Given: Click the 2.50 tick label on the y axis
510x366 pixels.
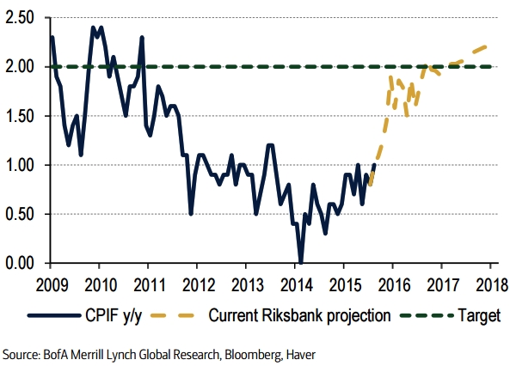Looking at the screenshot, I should [x=20, y=17].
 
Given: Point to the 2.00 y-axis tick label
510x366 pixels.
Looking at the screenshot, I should [x=20, y=66].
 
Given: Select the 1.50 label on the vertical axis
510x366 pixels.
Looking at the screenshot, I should [x=20, y=116].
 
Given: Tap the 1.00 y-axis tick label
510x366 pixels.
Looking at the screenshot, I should [x=20, y=165].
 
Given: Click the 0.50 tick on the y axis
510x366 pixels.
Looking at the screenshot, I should [x=20, y=214].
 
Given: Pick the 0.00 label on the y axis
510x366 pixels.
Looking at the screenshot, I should [x=20, y=263].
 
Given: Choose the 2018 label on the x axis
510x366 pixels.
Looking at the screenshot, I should [x=491, y=284].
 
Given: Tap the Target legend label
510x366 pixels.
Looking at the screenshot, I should [x=478, y=316].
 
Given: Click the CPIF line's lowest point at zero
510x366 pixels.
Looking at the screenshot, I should [x=299, y=262].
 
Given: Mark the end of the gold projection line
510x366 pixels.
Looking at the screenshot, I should [x=488, y=46].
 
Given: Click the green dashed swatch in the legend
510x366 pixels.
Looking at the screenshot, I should [x=428, y=316].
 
